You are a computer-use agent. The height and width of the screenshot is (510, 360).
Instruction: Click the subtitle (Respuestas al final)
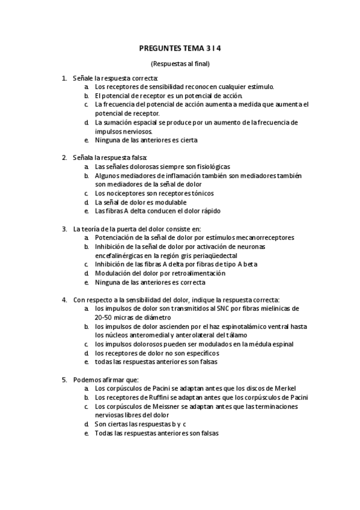180,64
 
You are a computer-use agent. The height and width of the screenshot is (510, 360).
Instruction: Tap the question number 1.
64,78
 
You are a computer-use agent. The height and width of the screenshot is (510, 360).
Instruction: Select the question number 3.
64,229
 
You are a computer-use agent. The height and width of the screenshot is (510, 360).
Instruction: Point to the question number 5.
64,379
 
